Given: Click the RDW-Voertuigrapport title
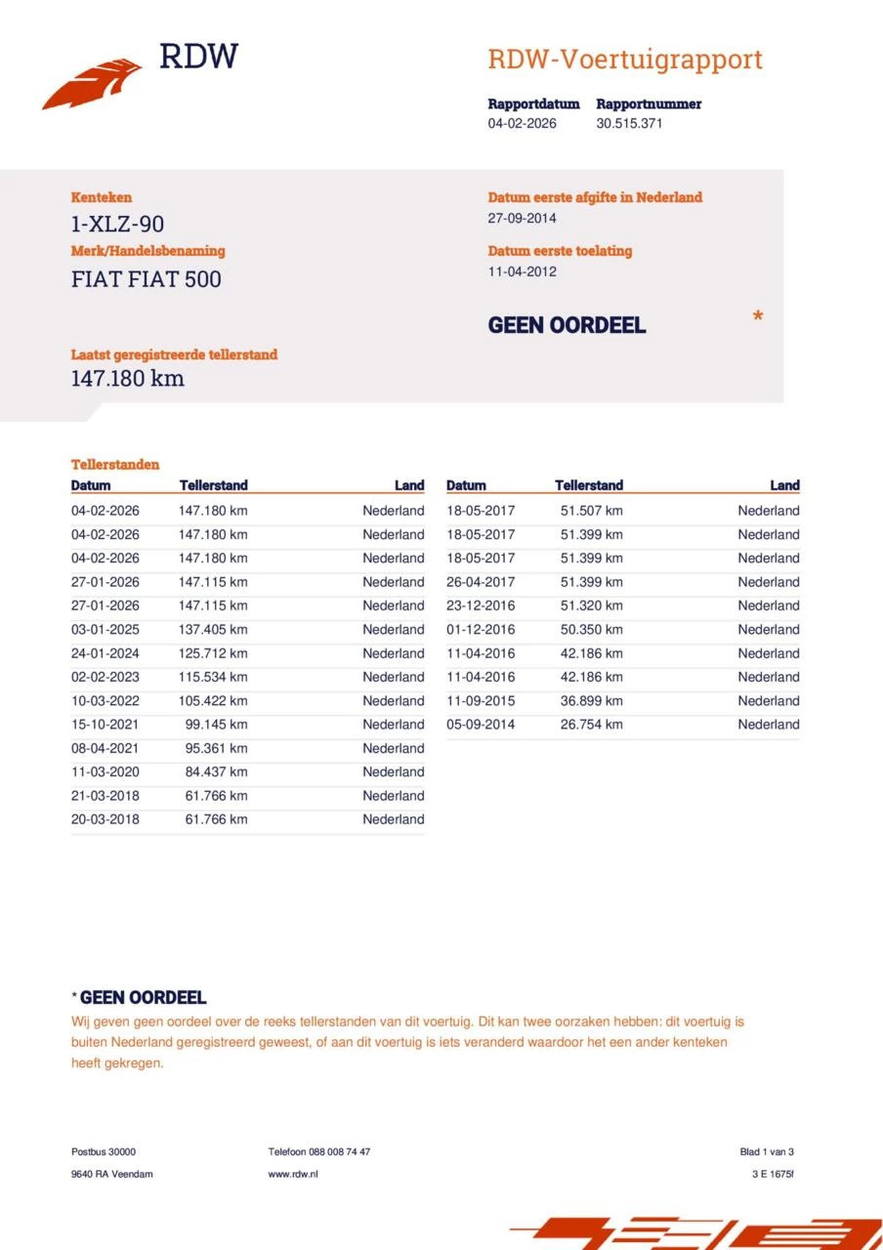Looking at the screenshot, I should [625, 60].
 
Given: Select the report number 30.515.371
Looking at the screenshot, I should [629, 124].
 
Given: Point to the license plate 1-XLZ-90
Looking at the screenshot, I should [117, 225].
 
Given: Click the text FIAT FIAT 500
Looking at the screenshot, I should [146, 279].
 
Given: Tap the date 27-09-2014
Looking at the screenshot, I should [522, 218].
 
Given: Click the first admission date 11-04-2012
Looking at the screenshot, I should [522, 271].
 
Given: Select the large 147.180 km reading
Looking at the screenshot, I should [127, 378].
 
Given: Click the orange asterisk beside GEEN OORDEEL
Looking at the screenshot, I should [757, 317].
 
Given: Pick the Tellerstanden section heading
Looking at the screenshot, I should [114, 465].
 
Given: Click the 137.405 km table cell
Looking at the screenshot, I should [213, 630].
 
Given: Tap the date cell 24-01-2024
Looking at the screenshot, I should [105, 653].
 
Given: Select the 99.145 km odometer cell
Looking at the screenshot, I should [216, 725].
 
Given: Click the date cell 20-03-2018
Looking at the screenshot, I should [105, 819].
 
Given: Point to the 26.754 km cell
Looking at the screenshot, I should [591, 725].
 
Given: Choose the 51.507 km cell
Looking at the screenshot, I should [591, 511].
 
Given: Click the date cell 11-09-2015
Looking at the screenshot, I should [481, 701].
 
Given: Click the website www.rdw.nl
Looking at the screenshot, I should [292, 1174].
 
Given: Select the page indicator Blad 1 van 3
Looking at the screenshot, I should [767, 1151].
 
